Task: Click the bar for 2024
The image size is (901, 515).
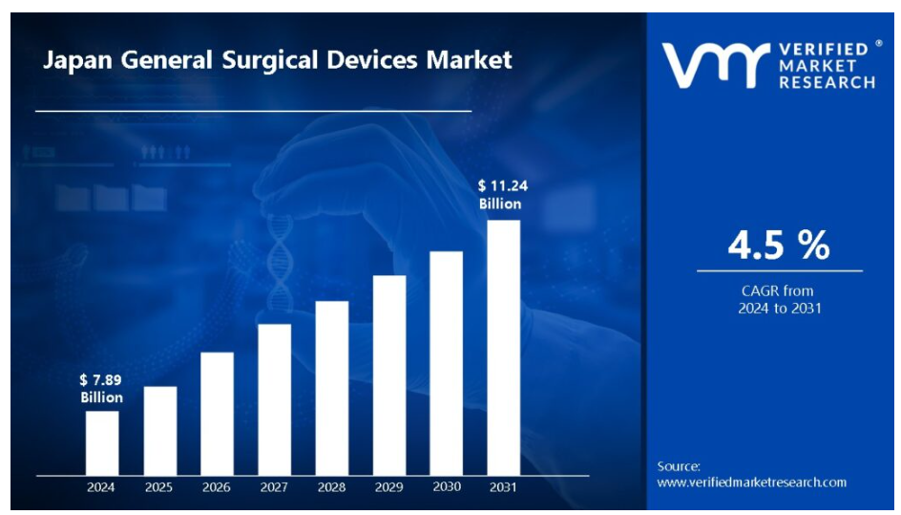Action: pos(102,442)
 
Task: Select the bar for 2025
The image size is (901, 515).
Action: pos(159,430)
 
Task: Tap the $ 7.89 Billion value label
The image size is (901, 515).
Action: pos(101,389)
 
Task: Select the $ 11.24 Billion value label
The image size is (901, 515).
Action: pos(500,195)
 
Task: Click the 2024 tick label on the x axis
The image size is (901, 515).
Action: pos(101,487)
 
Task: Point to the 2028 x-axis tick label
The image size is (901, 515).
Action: pos(331,487)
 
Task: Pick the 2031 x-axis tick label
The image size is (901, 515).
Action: pos(503,487)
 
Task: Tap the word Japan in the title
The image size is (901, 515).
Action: pos(74,60)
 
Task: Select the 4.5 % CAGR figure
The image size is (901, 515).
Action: pos(779,246)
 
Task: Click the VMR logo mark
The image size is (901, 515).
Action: pos(716,65)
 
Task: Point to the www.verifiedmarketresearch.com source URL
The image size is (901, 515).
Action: pos(751,482)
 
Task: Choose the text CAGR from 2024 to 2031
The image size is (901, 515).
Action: pos(779,299)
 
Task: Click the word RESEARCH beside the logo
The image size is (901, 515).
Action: pos(827,83)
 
